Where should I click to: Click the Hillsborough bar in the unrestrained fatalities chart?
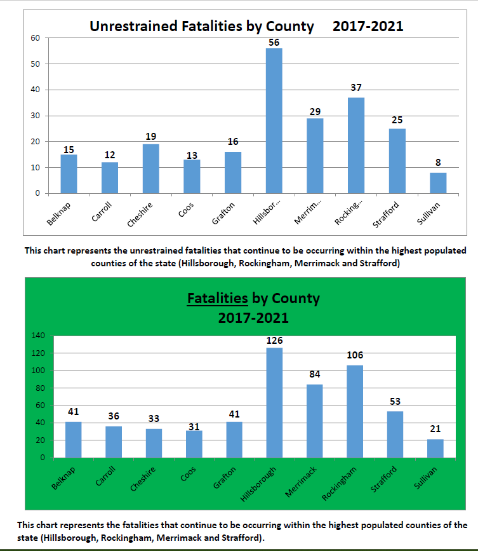click(x=274, y=121)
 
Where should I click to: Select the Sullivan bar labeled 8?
click(x=438, y=183)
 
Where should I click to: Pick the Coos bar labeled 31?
click(x=194, y=444)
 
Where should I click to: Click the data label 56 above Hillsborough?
click(x=274, y=42)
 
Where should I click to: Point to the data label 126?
click(x=275, y=341)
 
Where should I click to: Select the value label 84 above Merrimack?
click(x=315, y=374)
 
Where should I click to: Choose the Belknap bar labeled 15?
click(x=69, y=174)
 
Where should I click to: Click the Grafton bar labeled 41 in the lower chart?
click(x=235, y=440)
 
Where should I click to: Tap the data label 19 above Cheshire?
click(x=151, y=136)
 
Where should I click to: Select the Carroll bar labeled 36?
click(x=114, y=442)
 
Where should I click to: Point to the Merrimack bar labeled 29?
click(x=315, y=156)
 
